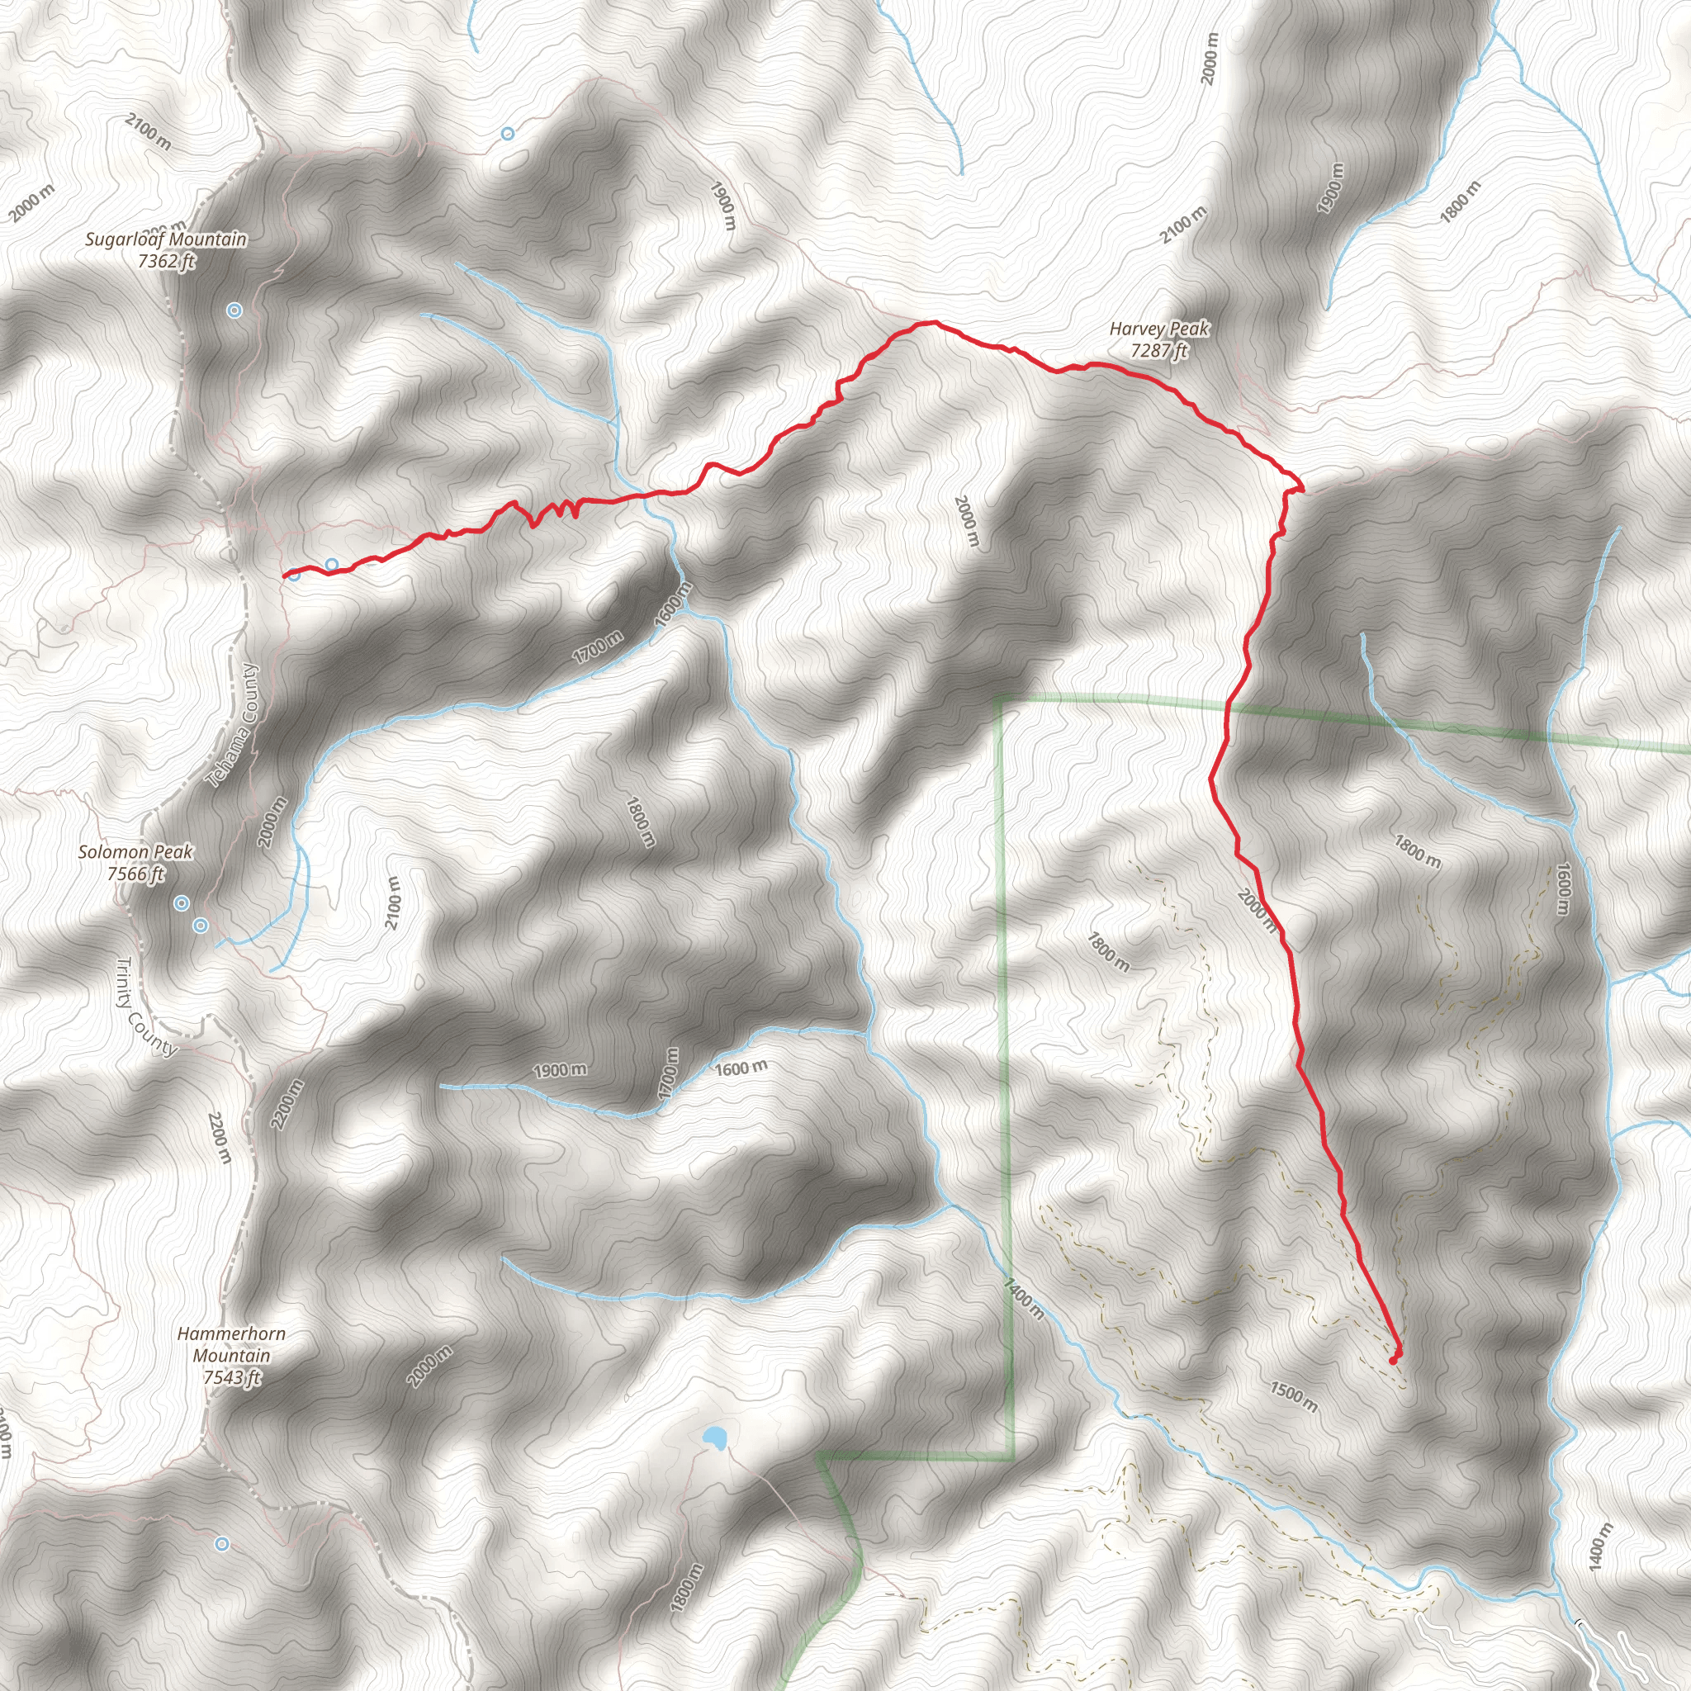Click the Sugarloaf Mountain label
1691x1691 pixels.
(x=165, y=239)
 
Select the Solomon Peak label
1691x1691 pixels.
(x=135, y=851)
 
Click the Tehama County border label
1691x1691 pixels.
(x=233, y=726)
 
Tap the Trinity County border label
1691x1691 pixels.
(x=146, y=1007)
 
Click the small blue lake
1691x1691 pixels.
(x=714, y=1438)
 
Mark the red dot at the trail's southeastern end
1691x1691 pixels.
(x=1394, y=1360)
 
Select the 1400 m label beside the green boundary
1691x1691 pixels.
(x=1024, y=1298)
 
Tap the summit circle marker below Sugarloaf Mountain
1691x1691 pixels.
(x=234, y=310)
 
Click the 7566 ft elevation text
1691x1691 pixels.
(x=135, y=874)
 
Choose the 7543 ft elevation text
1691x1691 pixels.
(x=232, y=1379)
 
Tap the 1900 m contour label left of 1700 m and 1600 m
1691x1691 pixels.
(x=560, y=1070)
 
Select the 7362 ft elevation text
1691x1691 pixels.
(x=165, y=261)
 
